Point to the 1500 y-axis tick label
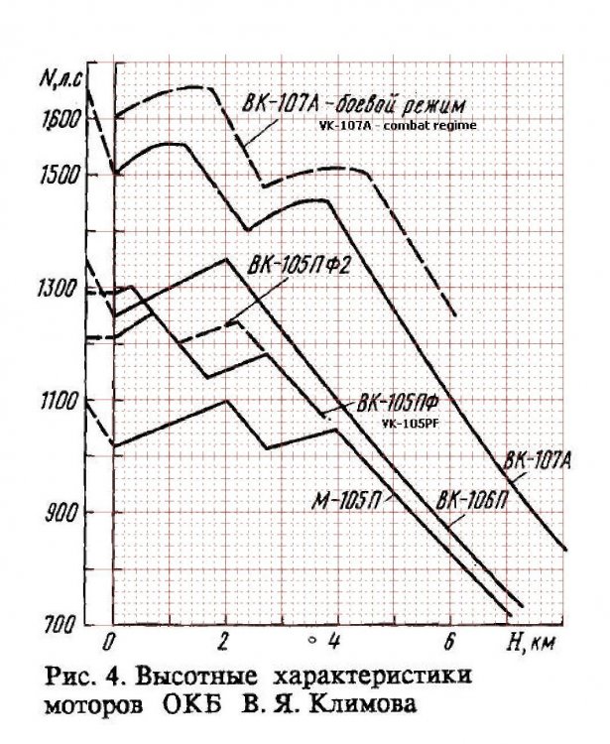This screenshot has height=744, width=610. pyautogui.click(x=63, y=175)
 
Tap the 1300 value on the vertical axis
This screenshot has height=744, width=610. pyautogui.click(x=62, y=289)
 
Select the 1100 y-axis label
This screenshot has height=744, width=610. pyautogui.click(x=62, y=401)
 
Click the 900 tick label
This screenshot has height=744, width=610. pyautogui.click(x=65, y=513)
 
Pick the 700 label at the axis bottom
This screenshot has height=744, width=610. pyautogui.click(x=65, y=625)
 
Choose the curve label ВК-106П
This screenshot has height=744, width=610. pyautogui.click(x=473, y=499)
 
